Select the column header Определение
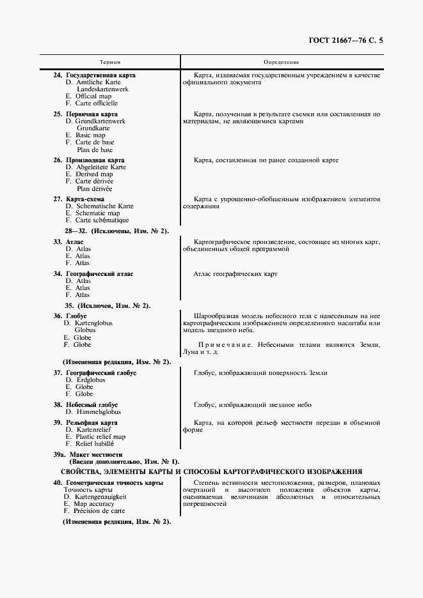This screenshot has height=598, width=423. click(x=282, y=62)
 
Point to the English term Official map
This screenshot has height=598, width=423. click(x=93, y=96)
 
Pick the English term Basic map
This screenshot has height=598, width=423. click(x=90, y=135)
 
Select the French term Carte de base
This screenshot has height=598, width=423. click(x=95, y=142)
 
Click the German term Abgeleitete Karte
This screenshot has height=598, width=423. click(x=100, y=167)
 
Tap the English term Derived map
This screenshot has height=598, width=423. click(x=93, y=174)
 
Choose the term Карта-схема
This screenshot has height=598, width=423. click(x=89, y=199)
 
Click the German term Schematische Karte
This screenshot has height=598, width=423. click(x=104, y=206)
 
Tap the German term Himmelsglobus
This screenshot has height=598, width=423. click(x=97, y=412)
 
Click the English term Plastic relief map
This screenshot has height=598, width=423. click(x=100, y=437)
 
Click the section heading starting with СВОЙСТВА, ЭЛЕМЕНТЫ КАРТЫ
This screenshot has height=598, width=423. click(x=211, y=471)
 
